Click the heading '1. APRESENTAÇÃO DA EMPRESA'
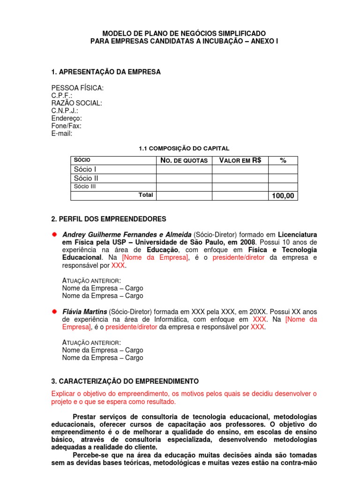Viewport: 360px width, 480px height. [106, 72]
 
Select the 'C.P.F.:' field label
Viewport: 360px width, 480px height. [62, 96]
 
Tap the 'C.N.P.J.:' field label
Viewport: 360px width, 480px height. [65, 111]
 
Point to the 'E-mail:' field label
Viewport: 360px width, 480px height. [62, 133]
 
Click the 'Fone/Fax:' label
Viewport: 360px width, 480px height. [66, 126]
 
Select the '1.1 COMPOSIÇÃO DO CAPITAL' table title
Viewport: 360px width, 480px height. [184, 148]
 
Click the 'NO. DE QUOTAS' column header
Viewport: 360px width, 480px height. [184, 160]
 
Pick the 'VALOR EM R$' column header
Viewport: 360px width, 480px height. [240, 160]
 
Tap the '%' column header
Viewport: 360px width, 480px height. [283, 160]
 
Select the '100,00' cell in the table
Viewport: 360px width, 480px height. [283, 195]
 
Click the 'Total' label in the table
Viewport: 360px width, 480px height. [146, 195]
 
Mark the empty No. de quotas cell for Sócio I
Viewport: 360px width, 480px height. [184, 169]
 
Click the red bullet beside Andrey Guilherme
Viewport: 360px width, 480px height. [54, 234]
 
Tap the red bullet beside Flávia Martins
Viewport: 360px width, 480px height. [54, 311]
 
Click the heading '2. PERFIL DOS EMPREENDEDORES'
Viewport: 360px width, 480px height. [109, 219]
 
